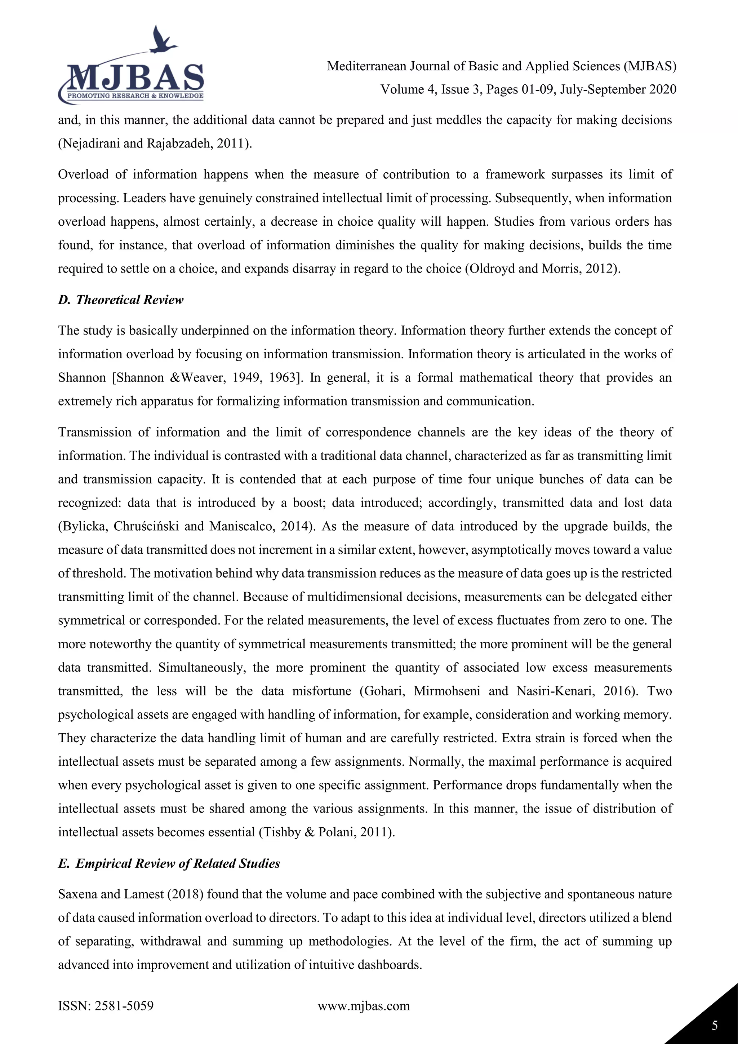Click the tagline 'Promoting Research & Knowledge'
[x=135, y=96]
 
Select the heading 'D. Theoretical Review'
[x=120, y=300]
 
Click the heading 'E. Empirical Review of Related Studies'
[x=169, y=863]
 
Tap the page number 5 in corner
[x=715, y=1025]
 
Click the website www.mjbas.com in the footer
[x=364, y=1006]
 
